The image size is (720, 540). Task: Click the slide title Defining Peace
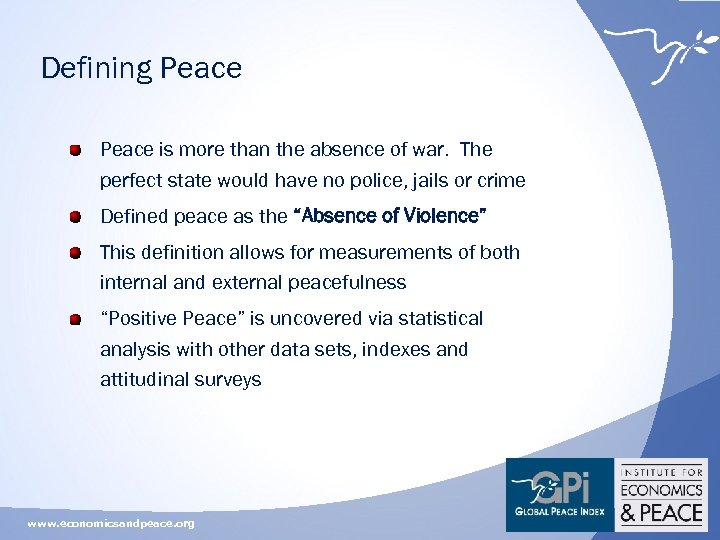tap(141, 68)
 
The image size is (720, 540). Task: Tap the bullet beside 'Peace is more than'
tap(75, 151)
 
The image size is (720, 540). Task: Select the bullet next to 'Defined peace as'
tap(75, 216)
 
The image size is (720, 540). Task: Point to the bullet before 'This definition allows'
tap(75, 252)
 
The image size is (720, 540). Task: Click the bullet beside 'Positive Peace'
tap(75, 319)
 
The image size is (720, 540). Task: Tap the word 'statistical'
tap(435, 318)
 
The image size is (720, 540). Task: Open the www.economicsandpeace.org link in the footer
tap(111, 523)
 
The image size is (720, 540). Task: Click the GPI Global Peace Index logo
tap(559, 494)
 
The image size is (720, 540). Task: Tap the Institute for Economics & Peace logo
tap(662, 494)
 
